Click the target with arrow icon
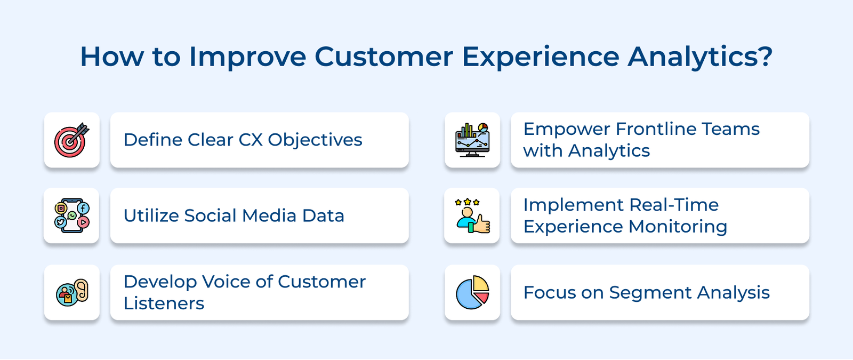click(x=71, y=140)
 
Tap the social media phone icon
click(x=71, y=215)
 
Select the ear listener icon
click(x=73, y=292)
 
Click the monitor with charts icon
click(x=472, y=140)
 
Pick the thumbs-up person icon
click(x=472, y=217)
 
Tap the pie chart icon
click(x=472, y=292)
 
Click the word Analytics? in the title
click(x=700, y=57)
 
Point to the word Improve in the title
click(x=247, y=57)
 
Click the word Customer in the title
click(x=383, y=57)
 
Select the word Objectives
click(x=315, y=140)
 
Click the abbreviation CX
click(x=250, y=140)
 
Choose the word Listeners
click(x=164, y=303)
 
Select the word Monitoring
click(x=678, y=227)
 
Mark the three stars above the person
click(x=467, y=202)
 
